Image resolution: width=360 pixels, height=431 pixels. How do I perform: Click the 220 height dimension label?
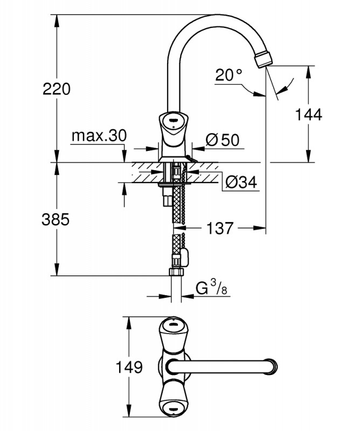tap(57, 89)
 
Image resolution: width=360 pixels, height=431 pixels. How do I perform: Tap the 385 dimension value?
tap(56, 220)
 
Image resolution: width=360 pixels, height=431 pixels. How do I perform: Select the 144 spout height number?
tap(308, 114)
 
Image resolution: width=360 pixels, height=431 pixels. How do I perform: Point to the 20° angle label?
tap(229, 74)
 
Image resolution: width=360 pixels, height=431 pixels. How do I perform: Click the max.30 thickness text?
tap(99, 136)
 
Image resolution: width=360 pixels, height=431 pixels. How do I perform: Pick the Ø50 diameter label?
tap(223, 140)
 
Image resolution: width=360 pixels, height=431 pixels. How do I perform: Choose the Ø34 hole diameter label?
tap(241, 182)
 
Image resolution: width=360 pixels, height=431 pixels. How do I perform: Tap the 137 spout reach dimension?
tap(220, 228)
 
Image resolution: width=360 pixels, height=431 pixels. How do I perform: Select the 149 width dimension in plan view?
tap(129, 367)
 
